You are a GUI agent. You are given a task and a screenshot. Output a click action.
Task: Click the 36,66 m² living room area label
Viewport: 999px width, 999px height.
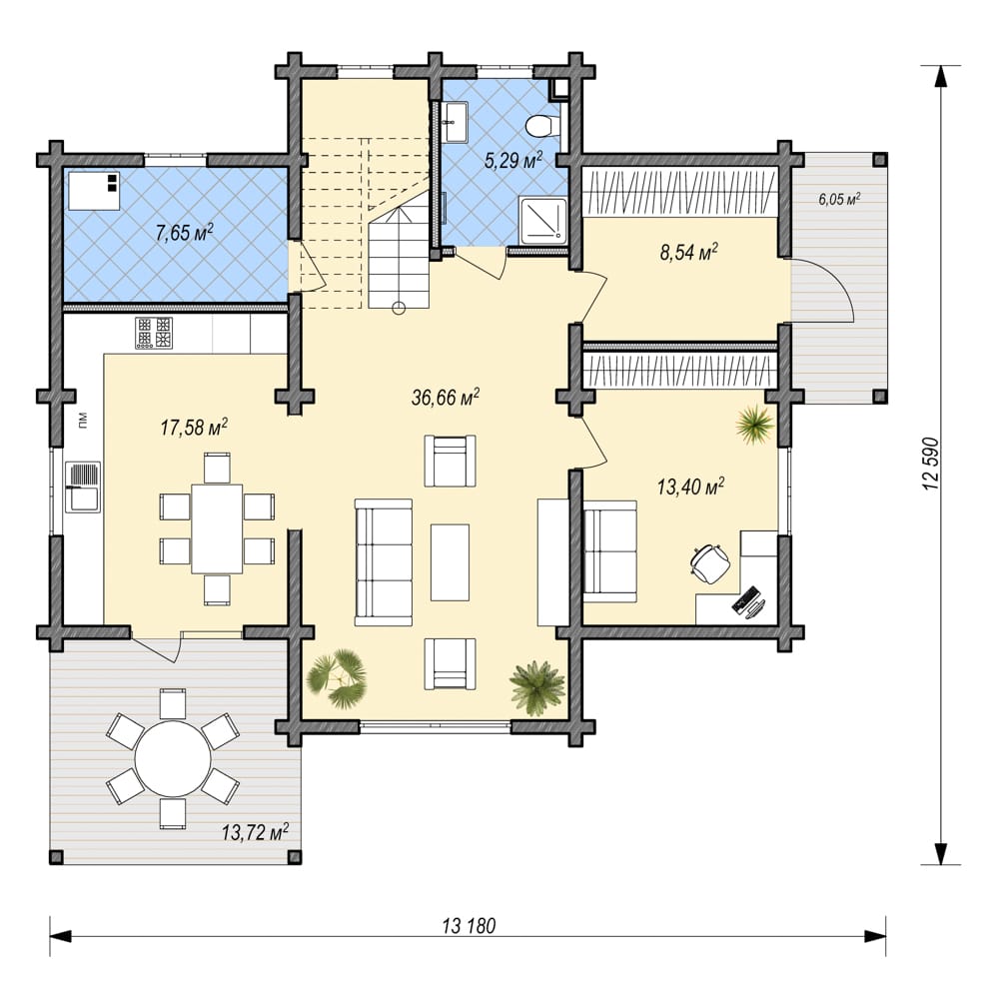446,398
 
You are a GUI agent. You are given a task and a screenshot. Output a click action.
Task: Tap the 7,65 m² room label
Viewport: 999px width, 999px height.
184,233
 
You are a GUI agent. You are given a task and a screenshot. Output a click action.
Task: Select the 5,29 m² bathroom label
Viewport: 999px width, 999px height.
513,160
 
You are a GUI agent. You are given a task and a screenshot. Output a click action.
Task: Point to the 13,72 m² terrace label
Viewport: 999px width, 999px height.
256,832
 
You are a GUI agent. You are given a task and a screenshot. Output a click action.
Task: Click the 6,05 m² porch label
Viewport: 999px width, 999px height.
840,199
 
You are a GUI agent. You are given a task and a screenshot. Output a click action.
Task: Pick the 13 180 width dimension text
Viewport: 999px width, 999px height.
469,926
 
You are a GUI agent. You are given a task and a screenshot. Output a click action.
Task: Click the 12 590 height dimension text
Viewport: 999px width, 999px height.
931,464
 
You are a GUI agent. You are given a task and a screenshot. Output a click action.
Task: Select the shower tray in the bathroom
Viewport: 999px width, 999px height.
543,221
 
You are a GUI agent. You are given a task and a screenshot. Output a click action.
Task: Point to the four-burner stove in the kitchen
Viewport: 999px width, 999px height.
154,333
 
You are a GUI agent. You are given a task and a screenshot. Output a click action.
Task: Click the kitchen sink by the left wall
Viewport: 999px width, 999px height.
82,487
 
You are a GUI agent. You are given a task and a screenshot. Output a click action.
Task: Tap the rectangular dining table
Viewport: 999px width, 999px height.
217,528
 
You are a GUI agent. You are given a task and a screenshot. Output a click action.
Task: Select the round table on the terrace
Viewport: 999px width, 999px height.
173,759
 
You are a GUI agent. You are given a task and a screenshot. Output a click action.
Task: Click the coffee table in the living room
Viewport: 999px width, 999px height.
450,562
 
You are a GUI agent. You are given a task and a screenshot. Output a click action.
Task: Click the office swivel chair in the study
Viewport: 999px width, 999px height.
709,561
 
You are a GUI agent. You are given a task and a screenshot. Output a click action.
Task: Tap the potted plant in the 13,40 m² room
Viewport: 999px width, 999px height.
755,422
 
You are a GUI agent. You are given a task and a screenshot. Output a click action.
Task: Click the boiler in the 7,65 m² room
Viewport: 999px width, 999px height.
94,191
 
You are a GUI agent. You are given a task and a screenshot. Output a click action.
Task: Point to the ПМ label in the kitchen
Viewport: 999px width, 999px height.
82,421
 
